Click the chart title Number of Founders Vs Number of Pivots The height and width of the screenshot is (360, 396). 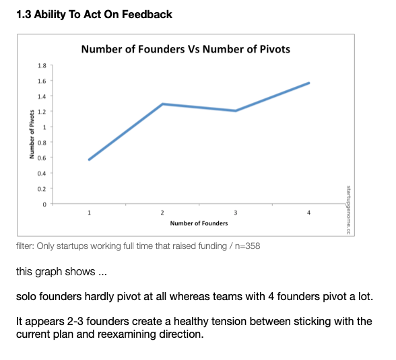(x=186, y=49)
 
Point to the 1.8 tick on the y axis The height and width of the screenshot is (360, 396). (x=42, y=65)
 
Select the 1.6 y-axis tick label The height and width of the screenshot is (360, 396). (x=42, y=81)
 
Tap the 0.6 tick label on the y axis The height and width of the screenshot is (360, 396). (x=42, y=158)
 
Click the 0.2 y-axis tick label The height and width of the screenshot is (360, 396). (x=42, y=189)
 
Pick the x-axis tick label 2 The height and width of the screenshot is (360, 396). (x=162, y=213)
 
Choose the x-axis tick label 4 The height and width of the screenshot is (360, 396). (x=308, y=213)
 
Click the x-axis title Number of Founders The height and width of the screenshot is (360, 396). (x=199, y=223)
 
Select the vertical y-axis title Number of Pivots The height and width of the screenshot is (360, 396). (x=32, y=135)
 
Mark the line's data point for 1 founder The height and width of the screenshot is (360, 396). (x=90, y=159)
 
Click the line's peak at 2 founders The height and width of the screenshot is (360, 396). (x=162, y=104)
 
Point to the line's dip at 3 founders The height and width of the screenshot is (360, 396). (x=236, y=111)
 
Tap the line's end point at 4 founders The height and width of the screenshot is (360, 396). (x=308, y=83)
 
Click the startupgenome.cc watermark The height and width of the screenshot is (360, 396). (x=348, y=210)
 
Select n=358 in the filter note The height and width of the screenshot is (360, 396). (x=248, y=246)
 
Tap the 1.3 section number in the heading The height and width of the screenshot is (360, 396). (x=24, y=14)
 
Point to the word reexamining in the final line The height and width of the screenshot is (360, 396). (x=127, y=334)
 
